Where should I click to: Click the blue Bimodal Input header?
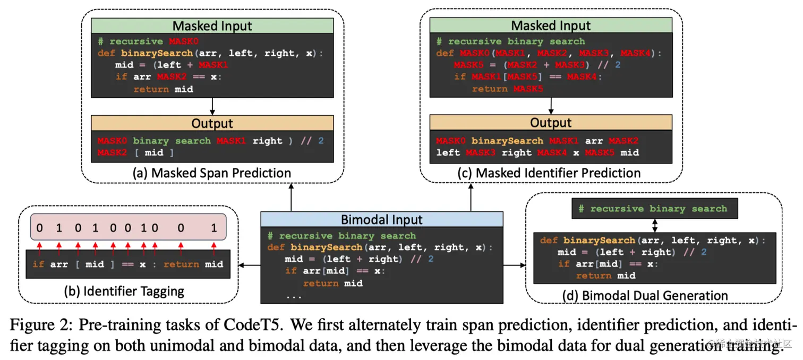click(x=381, y=219)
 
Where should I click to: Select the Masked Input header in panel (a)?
click(x=212, y=25)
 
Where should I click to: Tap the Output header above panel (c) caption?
click(x=551, y=123)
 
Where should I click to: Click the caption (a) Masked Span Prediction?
click(x=212, y=173)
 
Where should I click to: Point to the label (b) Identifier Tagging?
click(x=128, y=291)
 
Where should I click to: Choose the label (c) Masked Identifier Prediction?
click(x=551, y=173)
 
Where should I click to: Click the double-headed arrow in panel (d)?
click(x=655, y=225)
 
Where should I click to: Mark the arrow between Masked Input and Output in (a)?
click(x=212, y=106)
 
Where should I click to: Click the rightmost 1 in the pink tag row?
click(x=214, y=228)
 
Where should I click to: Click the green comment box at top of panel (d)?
click(x=653, y=209)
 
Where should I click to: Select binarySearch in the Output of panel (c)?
click(x=507, y=141)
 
